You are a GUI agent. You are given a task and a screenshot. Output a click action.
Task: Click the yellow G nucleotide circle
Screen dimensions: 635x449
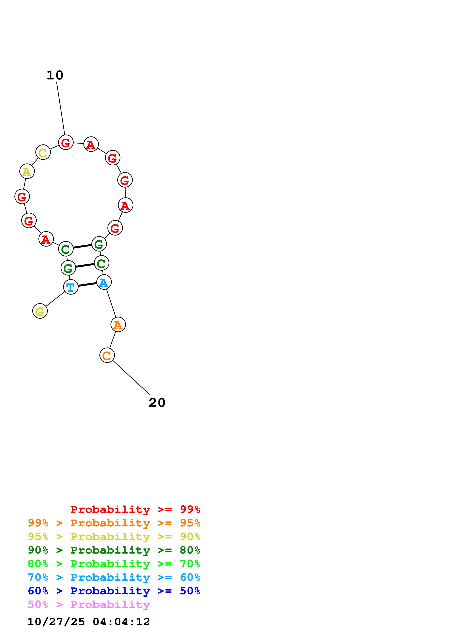(40, 311)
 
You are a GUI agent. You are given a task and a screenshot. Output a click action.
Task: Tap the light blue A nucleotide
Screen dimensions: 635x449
(104, 282)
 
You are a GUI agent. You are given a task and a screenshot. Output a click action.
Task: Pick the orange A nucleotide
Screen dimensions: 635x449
(118, 324)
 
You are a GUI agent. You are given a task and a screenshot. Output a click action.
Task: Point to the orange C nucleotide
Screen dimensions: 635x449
(107, 355)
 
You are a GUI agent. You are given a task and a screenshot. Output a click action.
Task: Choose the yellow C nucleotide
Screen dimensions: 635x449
(43, 152)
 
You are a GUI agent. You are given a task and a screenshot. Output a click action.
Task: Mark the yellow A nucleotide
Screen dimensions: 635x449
(27, 171)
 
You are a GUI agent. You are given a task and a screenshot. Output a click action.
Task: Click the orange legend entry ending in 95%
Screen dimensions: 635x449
(114, 523)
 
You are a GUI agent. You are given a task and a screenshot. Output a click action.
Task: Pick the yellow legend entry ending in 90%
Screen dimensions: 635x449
(114, 537)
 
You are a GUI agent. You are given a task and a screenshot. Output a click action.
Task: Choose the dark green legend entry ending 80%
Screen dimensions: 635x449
(114, 550)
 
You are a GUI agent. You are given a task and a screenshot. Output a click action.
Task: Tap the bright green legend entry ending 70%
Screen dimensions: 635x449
(114, 564)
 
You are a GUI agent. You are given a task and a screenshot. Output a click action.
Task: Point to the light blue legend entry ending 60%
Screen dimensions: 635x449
(114, 577)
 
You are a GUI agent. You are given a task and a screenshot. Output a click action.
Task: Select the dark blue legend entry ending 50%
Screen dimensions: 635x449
(114, 591)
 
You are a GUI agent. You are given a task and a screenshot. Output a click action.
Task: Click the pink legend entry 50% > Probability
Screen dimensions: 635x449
(89, 604)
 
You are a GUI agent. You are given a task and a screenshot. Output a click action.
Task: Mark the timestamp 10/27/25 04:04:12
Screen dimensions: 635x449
(89, 622)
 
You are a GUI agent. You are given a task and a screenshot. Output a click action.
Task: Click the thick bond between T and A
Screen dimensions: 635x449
(87, 285)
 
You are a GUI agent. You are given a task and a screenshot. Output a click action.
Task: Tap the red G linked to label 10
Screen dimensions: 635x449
(66, 142)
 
